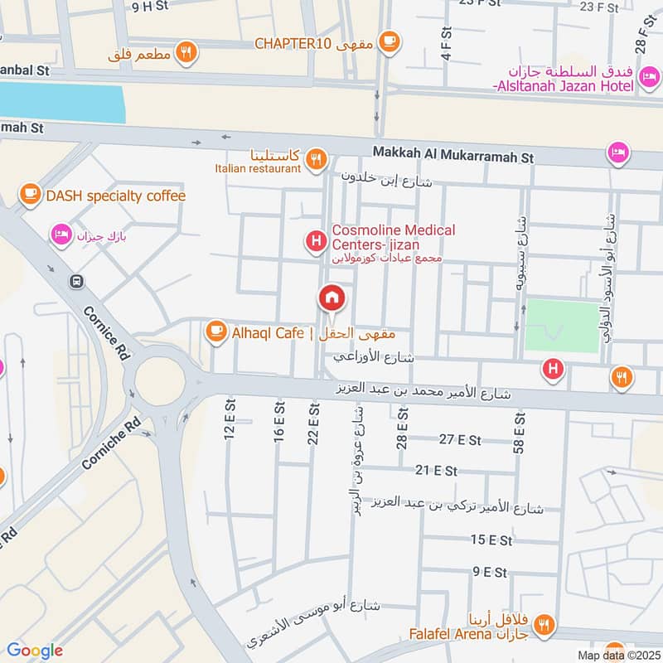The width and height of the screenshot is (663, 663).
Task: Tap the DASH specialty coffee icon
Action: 31,195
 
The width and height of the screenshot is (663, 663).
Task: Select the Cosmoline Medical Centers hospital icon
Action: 316,241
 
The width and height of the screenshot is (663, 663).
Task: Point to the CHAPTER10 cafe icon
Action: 388,41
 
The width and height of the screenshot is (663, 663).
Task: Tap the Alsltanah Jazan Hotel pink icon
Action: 649,80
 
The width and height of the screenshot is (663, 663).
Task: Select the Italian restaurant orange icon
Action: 315,158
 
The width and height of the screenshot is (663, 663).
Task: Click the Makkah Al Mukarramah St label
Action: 453,155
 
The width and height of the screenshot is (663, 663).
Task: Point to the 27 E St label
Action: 461,439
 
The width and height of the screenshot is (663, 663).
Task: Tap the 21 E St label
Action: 437,470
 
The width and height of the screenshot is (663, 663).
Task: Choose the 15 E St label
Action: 491,540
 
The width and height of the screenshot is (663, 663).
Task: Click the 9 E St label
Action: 489,572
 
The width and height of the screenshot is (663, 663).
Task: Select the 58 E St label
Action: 520,432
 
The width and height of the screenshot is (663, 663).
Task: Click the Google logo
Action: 34,650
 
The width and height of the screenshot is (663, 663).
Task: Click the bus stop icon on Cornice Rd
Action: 76,281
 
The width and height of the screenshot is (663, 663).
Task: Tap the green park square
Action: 563,326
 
